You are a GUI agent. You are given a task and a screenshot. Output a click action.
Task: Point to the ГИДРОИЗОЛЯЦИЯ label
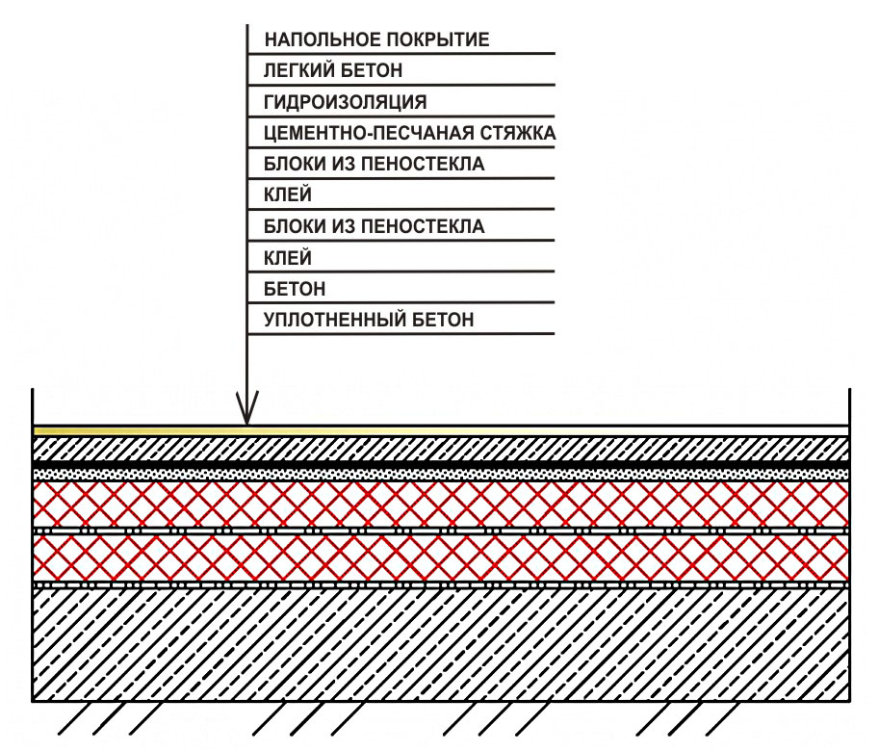pos(345,101)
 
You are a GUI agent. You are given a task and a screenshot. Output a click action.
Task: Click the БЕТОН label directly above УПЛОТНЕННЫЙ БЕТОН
pos(294,288)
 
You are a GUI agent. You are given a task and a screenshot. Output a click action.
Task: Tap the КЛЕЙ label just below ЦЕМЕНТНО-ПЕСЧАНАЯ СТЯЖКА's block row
pos(287,195)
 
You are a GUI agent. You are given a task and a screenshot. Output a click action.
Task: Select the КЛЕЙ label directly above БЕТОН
pos(287,257)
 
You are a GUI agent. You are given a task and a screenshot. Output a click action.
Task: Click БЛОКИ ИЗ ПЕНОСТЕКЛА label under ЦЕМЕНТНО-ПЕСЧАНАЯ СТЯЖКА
pos(374,164)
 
